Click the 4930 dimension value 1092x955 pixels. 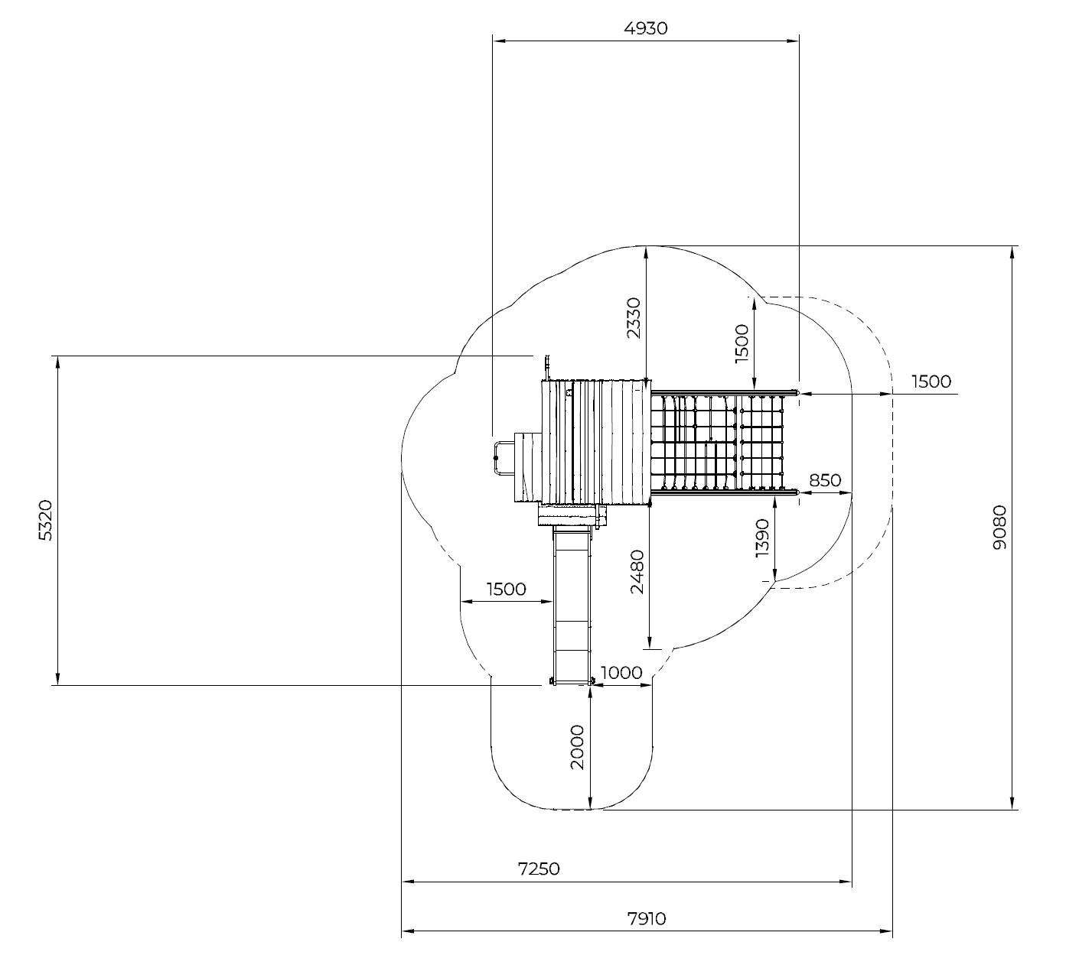pyautogui.click(x=646, y=29)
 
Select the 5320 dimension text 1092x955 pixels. pyautogui.click(x=46, y=521)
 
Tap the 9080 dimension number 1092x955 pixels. pyautogui.click(x=1000, y=527)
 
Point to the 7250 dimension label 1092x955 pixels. pyautogui.click(x=539, y=869)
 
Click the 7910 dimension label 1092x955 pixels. pyautogui.click(x=645, y=919)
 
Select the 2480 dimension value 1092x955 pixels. pyautogui.click(x=637, y=571)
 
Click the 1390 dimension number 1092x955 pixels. pyautogui.click(x=763, y=538)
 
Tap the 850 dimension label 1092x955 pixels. pyautogui.click(x=825, y=481)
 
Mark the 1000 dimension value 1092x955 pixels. pyautogui.click(x=621, y=673)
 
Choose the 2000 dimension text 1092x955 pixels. pyautogui.click(x=577, y=747)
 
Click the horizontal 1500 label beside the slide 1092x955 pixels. pyautogui.click(x=507, y=589)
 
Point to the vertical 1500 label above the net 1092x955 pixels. pyautogui.click(x=742, y=345)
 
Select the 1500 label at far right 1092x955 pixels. pyautogui.click(x=931, y=382)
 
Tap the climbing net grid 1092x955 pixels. pyautogui.click(x=723, y=442)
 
